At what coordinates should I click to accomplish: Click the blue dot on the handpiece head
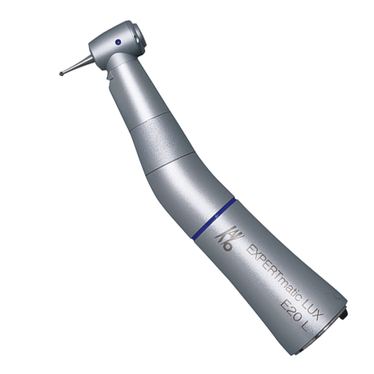tap(118, 42)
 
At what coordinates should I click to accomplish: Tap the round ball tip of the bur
tap(61, 74)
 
